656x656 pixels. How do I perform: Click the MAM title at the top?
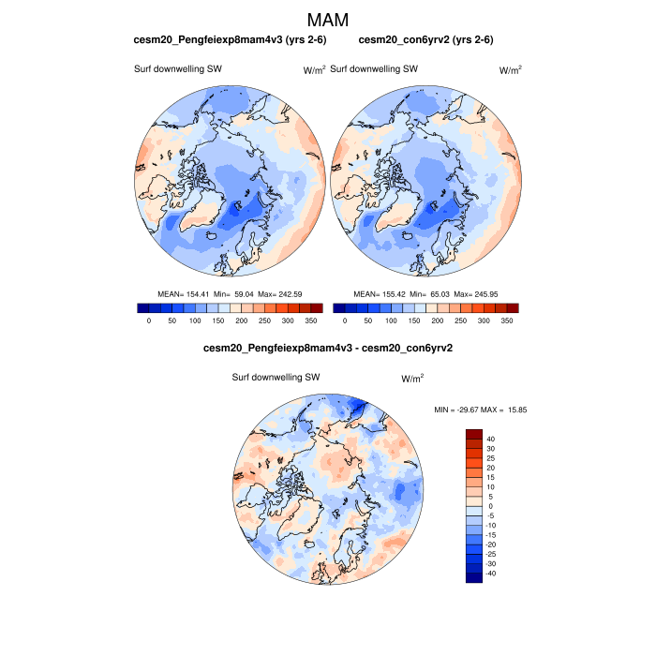coord(328,20)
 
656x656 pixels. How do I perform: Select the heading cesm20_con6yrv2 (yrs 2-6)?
coord(426,39)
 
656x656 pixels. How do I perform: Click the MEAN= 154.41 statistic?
coord(183,294)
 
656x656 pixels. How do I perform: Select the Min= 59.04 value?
coord(234,294)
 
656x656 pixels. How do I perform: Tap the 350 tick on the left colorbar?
coord(312,321)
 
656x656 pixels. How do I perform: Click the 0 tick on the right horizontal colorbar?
coord(344,321)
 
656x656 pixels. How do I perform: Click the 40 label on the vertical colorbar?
coord(490,439)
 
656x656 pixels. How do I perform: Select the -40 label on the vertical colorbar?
coord(492,574)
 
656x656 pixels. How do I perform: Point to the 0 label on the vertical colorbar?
coord(488,506)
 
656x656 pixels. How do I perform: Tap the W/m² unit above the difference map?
coord(412,379)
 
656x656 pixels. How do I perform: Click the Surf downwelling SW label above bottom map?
coord(276,378)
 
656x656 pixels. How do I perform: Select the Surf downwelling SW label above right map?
coord(374,68)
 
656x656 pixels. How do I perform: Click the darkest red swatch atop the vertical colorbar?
coord(474,434)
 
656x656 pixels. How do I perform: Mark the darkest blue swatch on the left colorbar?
coord(142,307)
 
